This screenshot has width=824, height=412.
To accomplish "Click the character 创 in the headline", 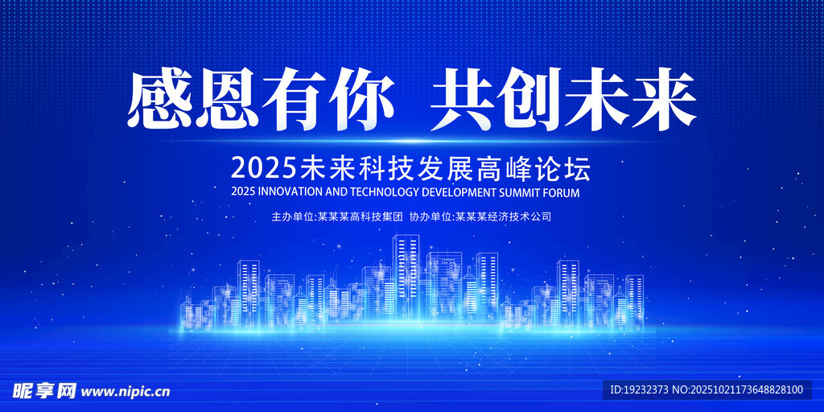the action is click(529, 99).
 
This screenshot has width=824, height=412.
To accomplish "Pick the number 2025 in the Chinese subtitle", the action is click(264, 169).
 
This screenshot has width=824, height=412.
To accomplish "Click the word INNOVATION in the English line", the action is click(287, 192).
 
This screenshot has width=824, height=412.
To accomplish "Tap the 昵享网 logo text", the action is click(44, 390).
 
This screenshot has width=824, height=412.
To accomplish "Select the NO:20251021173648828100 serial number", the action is click(738, 390).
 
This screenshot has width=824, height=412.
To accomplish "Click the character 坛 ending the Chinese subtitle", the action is click(578, 169).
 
